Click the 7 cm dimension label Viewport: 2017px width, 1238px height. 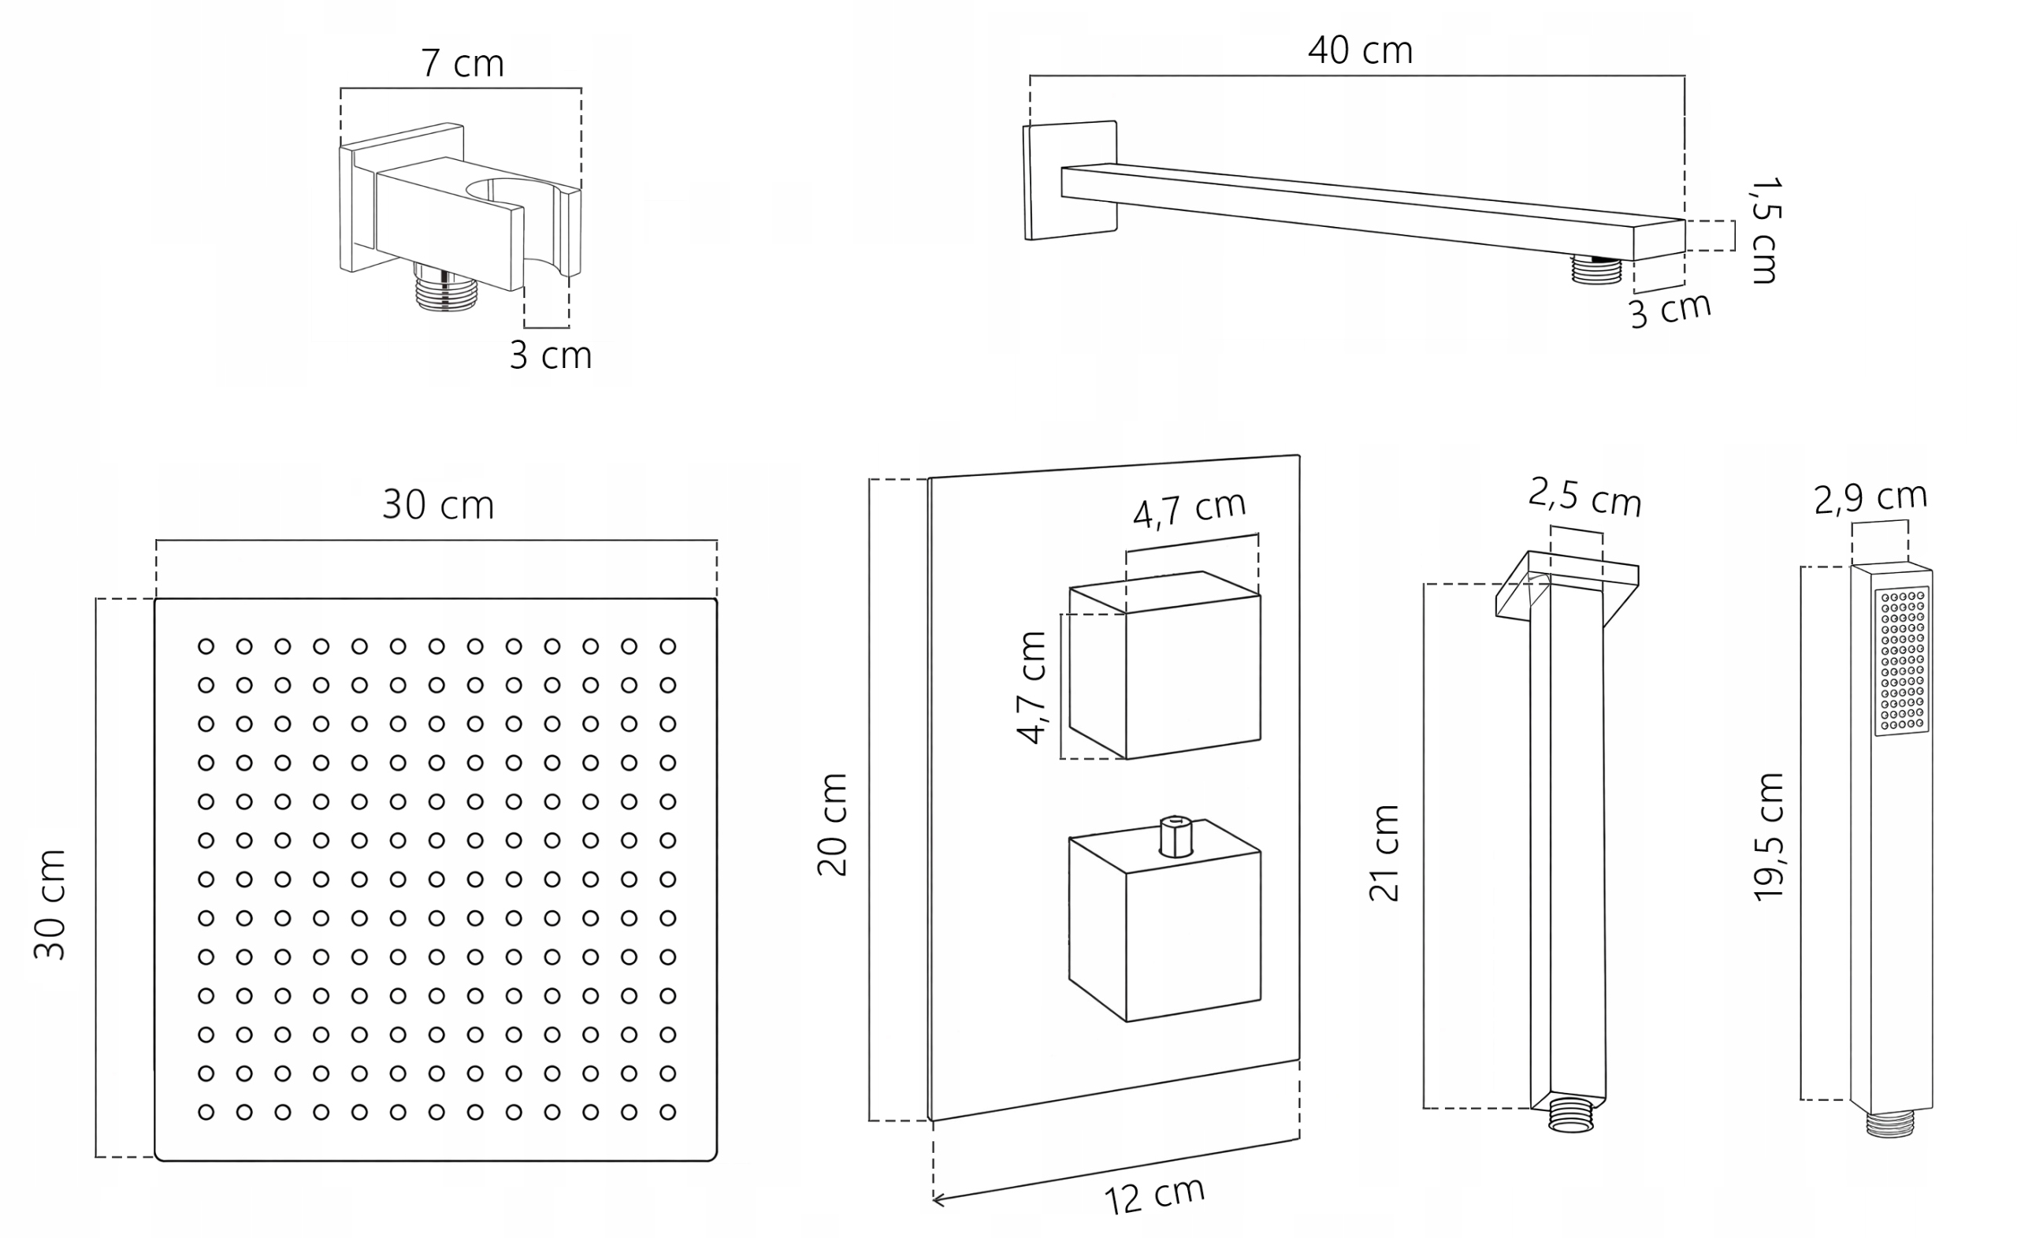click(x=462, y=64)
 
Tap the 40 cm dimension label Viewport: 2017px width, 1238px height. click(x=1360, y=50)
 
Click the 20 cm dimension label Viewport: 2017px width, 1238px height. click(x=833, y=824)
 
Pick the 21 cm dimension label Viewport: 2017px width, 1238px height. click(x=1384, y=853)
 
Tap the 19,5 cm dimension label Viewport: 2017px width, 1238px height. click(x=1769, y=837)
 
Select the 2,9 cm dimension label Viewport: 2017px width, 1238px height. click(x=1870, y=499)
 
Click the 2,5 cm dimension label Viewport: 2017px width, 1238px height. click(x=1584, y=499)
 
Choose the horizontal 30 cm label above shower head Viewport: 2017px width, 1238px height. click(x=439, y=505)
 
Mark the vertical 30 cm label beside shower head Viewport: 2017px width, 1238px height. click(x=49, y=904)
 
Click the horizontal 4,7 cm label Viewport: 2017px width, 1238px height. click(x=1190, y=507)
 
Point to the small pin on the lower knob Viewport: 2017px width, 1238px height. click(x=1176, y=836)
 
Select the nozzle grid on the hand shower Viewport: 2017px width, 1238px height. click(x=1902, y=660)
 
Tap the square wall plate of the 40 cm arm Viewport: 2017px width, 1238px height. click(x=1070, y=181)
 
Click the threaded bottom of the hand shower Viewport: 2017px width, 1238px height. click(x=1890, y=1125)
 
